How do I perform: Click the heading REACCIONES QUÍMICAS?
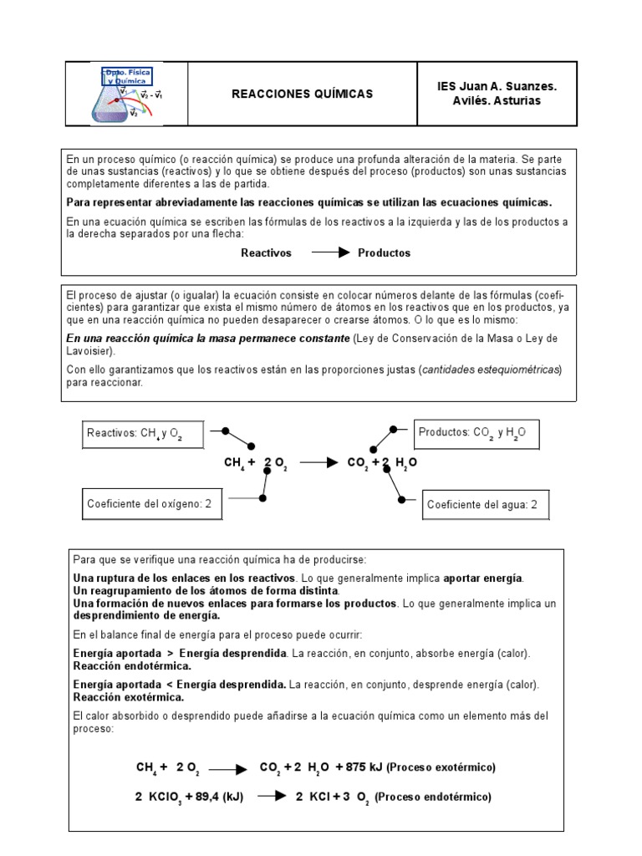coord(302,94)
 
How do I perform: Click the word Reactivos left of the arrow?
coord(267,252)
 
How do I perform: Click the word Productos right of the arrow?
coord(385,252)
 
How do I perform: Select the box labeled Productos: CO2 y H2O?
coord(477,434)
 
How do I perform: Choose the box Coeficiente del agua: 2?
coord(482,504)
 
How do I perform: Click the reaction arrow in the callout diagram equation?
coord(319,461)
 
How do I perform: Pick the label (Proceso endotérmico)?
coord(432,797)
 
